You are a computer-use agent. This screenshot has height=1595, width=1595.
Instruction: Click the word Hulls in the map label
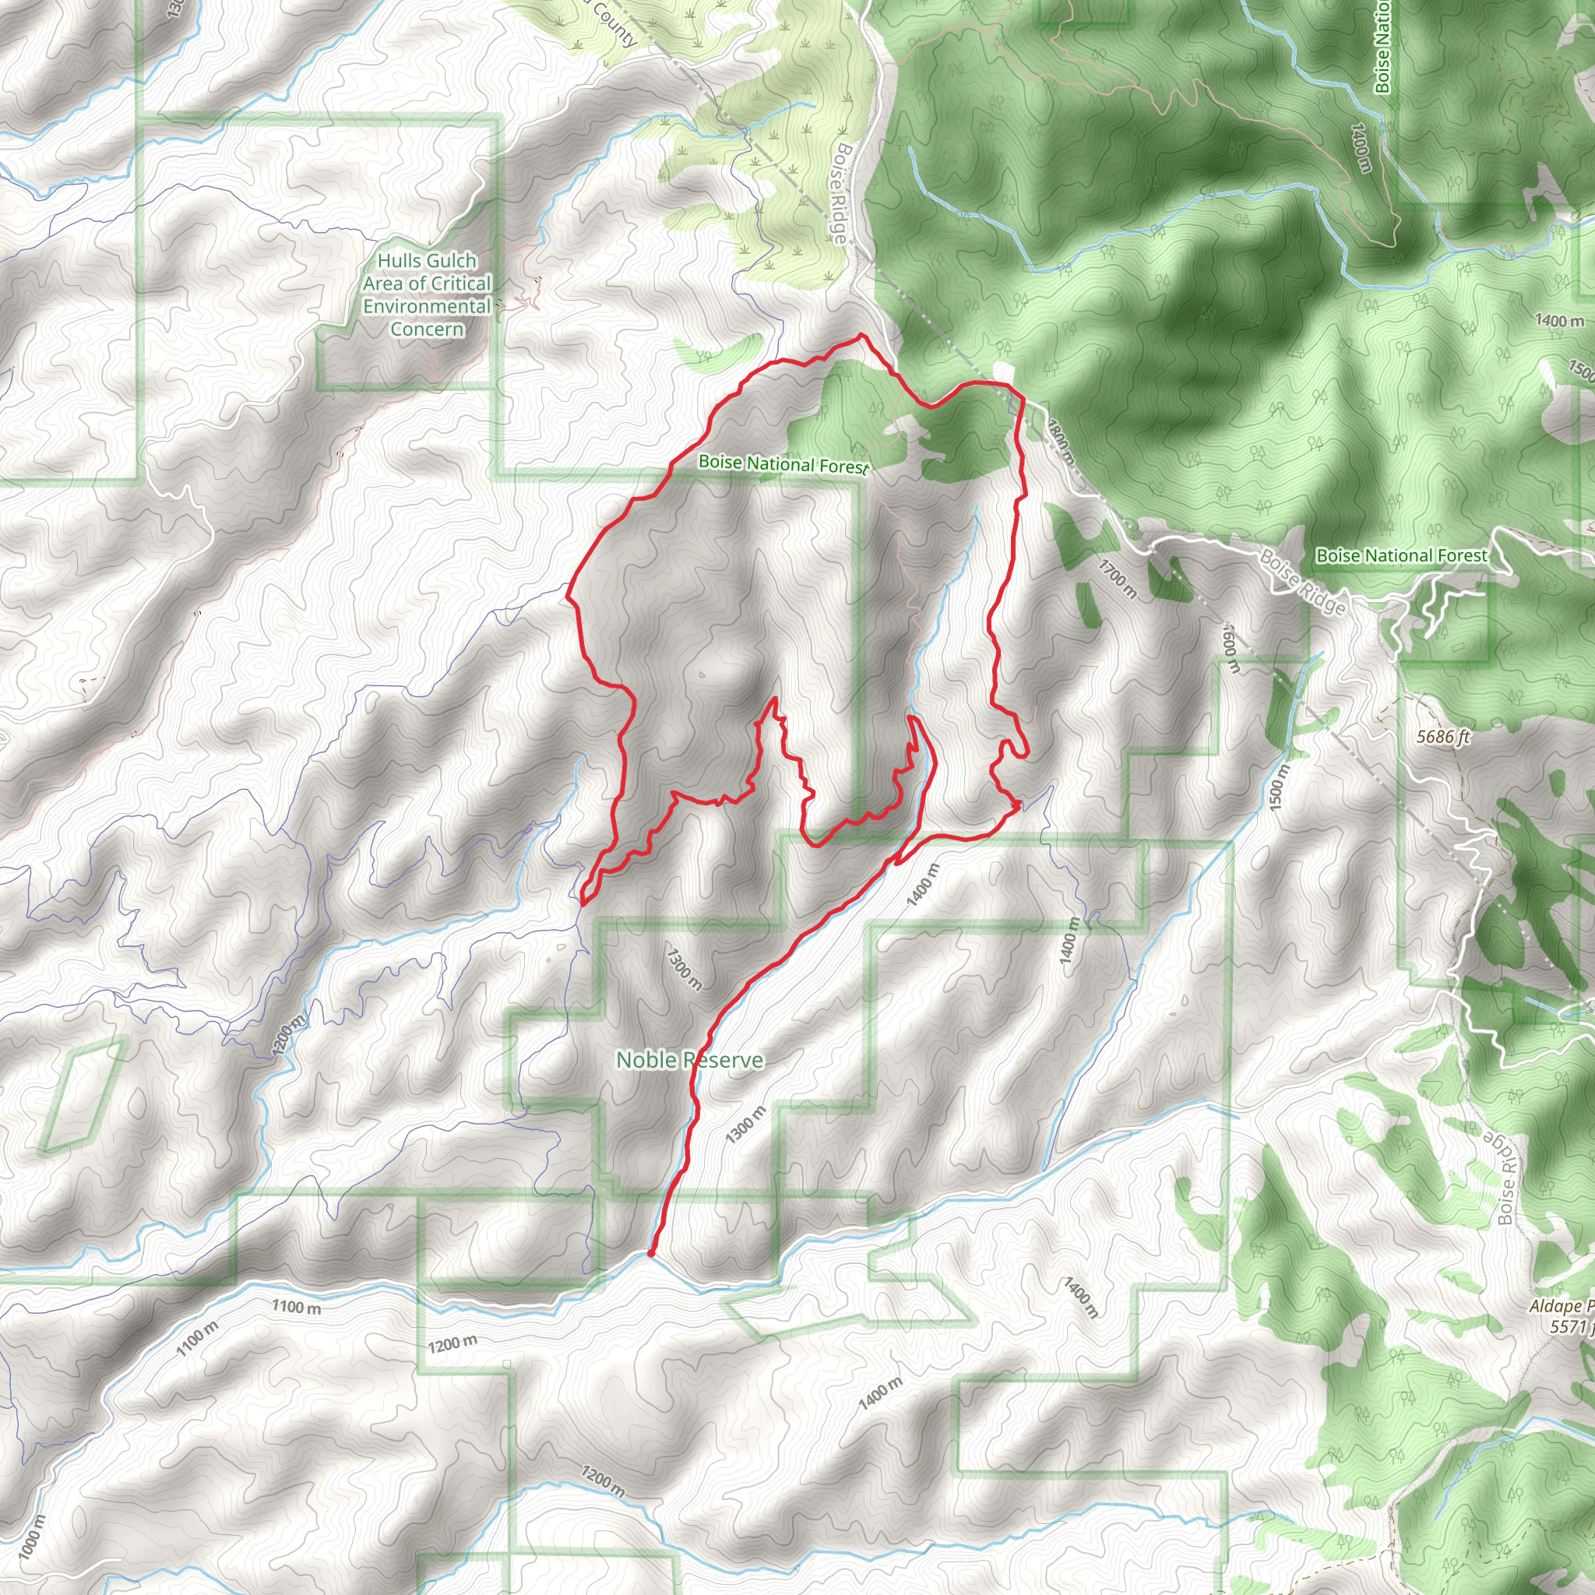(396, 261)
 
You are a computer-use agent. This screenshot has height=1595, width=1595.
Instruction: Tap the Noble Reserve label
(689, 1060)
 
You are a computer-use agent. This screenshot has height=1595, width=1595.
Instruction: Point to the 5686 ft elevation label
(1443, 737)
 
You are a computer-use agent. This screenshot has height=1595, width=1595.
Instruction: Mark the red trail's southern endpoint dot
(650, 1253)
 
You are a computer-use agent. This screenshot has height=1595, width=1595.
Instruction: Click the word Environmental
(427, 306)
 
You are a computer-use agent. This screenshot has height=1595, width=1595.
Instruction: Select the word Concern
(427, 329)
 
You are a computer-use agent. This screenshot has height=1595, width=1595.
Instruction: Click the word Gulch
(449, 261)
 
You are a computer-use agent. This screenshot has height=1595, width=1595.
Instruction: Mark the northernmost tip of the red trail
(862, 335)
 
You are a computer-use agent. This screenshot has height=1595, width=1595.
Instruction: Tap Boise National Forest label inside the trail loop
(783, 464)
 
